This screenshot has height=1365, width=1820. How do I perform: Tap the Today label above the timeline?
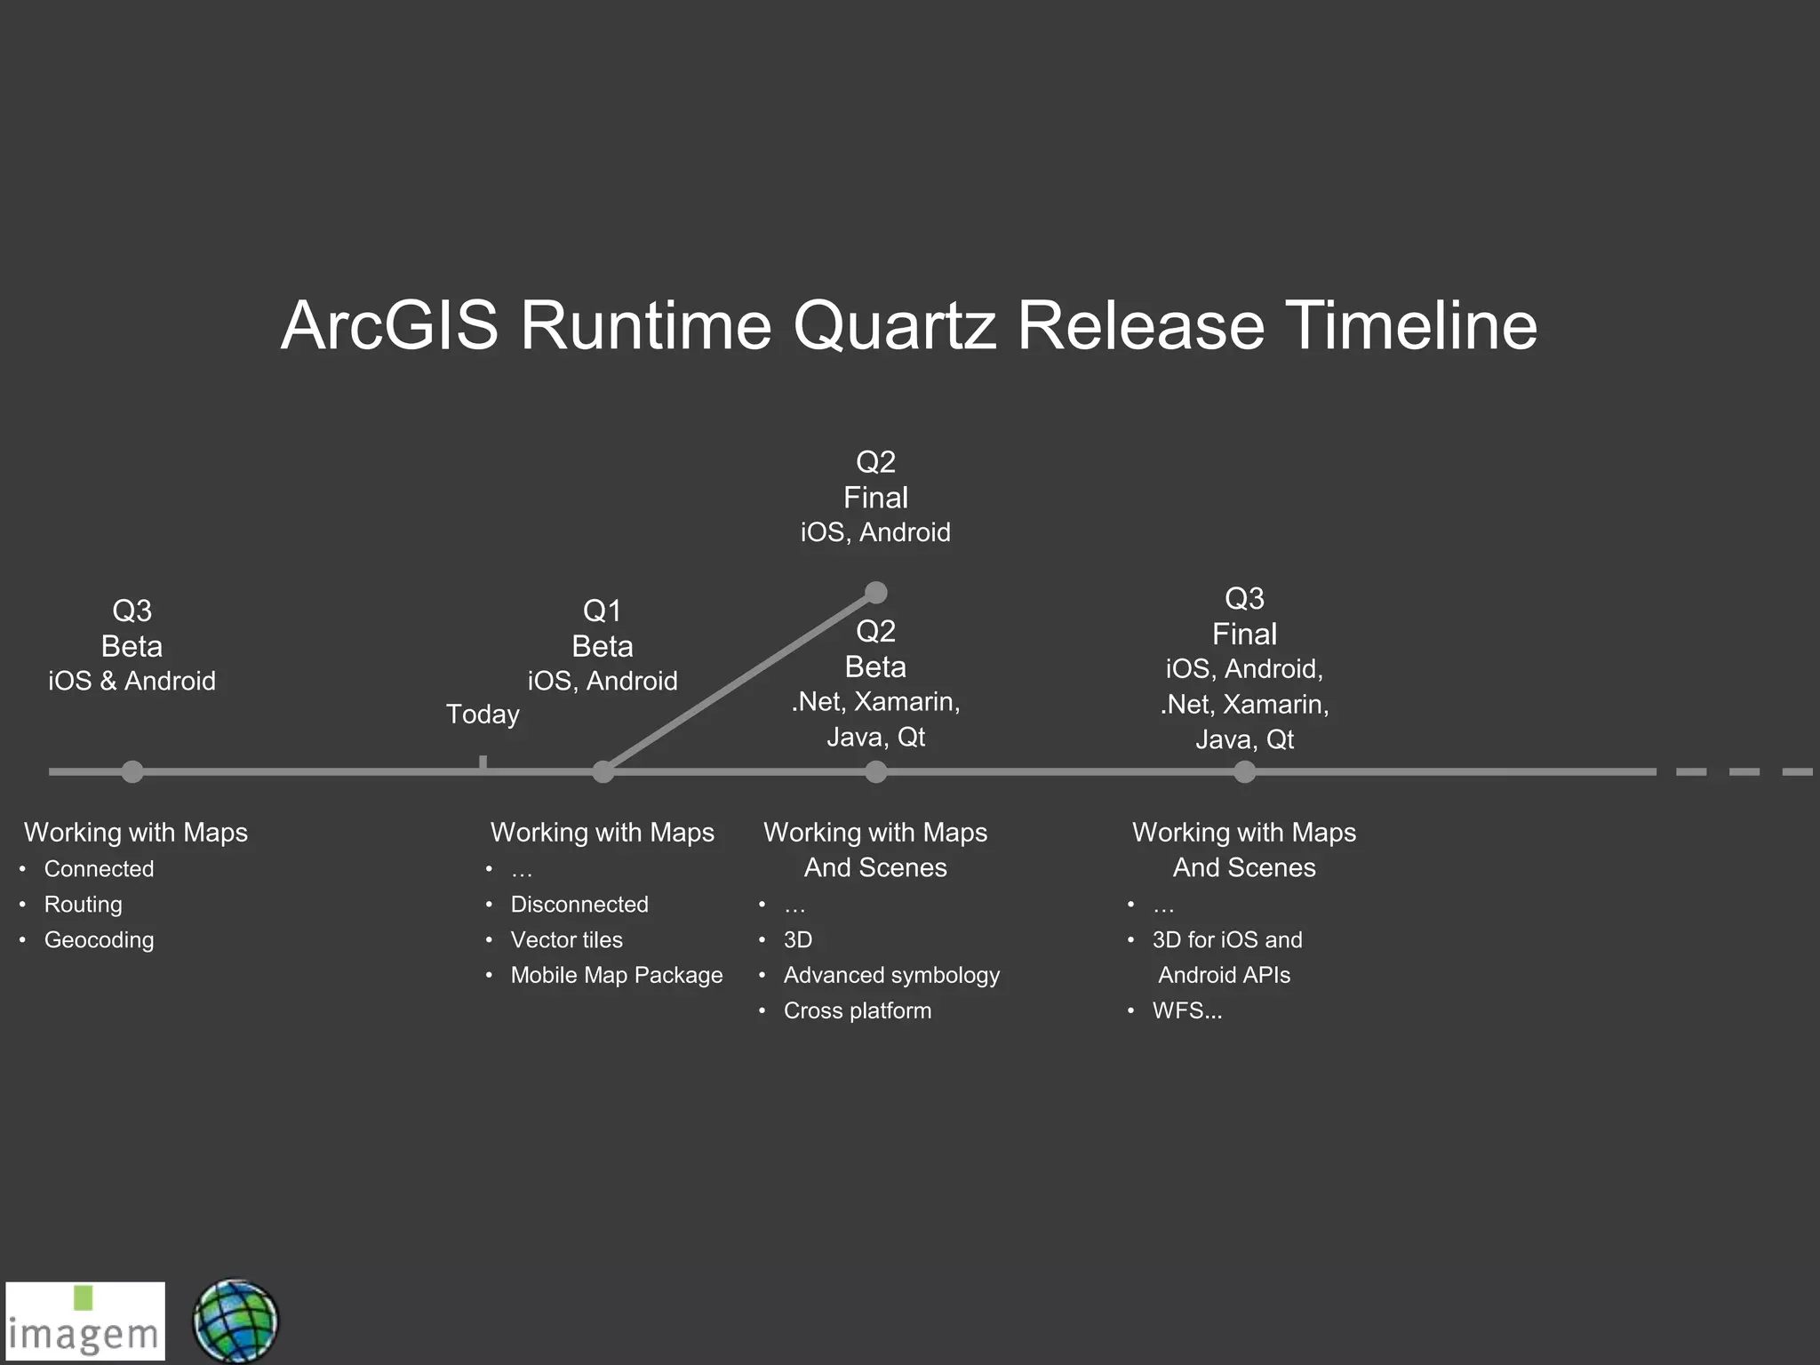click(x=483, y=714)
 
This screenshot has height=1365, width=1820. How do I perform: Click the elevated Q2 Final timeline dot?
click(x=876, y=593)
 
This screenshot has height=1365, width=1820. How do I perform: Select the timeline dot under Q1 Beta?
click(x=603, y=771)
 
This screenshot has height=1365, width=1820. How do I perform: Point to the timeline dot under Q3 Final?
click(x=1245, y=771)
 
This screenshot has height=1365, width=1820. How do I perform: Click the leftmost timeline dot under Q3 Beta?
click(x=132, y=771)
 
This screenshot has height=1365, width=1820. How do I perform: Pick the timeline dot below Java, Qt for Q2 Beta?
click(x=876, y=771)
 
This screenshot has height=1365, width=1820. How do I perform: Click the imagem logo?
click(x=85, y=1321)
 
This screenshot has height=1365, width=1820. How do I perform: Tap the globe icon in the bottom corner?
click(x=235, y=1321)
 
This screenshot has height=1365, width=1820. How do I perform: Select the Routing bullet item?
click(x=84, y=905)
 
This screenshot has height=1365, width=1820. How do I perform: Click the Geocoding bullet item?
click(x=99, y=940)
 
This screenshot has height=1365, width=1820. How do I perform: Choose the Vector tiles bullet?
click(x=566, y=940)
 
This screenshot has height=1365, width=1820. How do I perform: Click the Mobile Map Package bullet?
click(x=616, y=976)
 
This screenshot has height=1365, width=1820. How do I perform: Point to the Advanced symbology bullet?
click(x=891, y=976)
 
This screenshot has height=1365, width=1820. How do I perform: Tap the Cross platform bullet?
click(x=857, y=1011)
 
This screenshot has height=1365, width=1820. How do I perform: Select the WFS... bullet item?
click(x=1187, y=1011)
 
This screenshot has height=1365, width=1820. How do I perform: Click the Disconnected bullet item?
click(x=579, y=905)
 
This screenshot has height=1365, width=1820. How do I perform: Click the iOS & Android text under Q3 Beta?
click(x=132, y=682)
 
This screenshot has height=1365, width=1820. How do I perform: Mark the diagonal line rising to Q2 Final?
click(x=739, y=682)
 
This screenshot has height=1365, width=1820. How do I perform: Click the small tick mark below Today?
click(x=483, y=762)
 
